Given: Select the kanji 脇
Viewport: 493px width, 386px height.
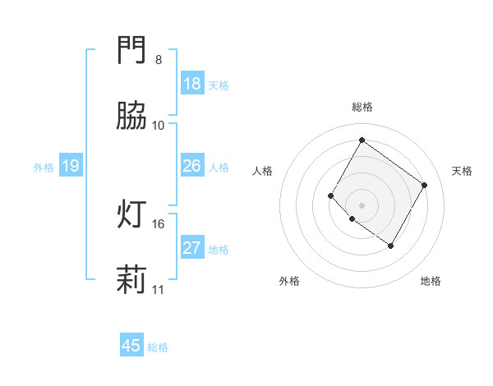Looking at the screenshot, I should pos(131,117).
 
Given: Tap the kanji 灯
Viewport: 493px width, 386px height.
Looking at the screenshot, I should pos(131,215).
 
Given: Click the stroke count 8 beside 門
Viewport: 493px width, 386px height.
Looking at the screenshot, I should pos(158,60).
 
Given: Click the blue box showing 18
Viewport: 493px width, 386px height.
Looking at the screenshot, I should pos(192,84).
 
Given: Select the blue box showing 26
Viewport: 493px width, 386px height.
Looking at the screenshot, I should pos(192,166).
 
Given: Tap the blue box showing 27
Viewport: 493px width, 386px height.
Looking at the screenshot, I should pos(192,248).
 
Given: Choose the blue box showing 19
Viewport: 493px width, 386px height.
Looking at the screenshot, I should pos(71,166).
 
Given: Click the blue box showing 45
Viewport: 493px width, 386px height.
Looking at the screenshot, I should pos(131,346).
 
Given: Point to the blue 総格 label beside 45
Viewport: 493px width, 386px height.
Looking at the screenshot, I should pos(158,347).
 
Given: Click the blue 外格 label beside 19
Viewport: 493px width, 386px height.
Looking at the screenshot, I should pos(44,168).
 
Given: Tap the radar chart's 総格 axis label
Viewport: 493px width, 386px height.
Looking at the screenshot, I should pos(362,107).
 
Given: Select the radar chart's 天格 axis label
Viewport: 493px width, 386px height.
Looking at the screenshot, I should pos(462,171).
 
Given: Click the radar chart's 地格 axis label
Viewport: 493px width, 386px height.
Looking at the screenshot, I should pos(431,281).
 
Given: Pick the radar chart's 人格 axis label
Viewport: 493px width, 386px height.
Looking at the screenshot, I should pos(263,171).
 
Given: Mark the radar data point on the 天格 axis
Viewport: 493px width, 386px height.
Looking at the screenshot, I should pos(424,185).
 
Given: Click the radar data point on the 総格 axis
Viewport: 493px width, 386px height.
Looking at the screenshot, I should pos(362,140).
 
